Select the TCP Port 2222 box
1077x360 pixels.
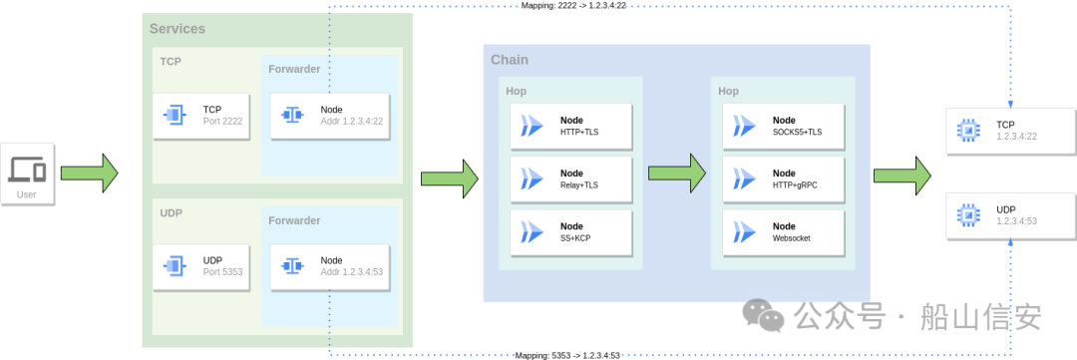pyautogui.click(x=201, y=116)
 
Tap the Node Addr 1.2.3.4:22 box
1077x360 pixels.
pyautogui.click(x=330, y=116)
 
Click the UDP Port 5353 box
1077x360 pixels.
pyautogui.click(x=201, y=266)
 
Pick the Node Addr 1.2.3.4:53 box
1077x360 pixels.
pyautogui.click(x=330, y=266)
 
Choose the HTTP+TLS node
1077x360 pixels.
pyautogui.click(x=570, y=127)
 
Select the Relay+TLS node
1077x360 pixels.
pyautogui.click(x=570, y=180)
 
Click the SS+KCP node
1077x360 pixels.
pyautogui.click(x=570, y=232)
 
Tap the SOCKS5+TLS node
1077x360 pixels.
pyautogui.click(x=783, y=127)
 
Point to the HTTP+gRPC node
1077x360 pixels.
pyautogui.click(x=783, y=180)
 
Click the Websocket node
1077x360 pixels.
pyautogui.click(x=783, y=232)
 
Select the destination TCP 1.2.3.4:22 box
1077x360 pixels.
pyautogui.click(x=1011, y=131)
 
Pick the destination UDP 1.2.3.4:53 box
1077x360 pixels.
pyautogui.click(x=1011, y=215)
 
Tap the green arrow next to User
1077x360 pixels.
pyautogui.click(x=90, y=174)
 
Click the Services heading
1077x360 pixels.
pyautogui.click(x=178, y=30)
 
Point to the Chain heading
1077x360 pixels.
pyautogui.click(x=510, y=60)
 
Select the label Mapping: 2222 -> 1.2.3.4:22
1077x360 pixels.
pyautogui.click(x=573, y=6)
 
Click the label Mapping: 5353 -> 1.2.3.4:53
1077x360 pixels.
pyautogui.click(x=568, y=355)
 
